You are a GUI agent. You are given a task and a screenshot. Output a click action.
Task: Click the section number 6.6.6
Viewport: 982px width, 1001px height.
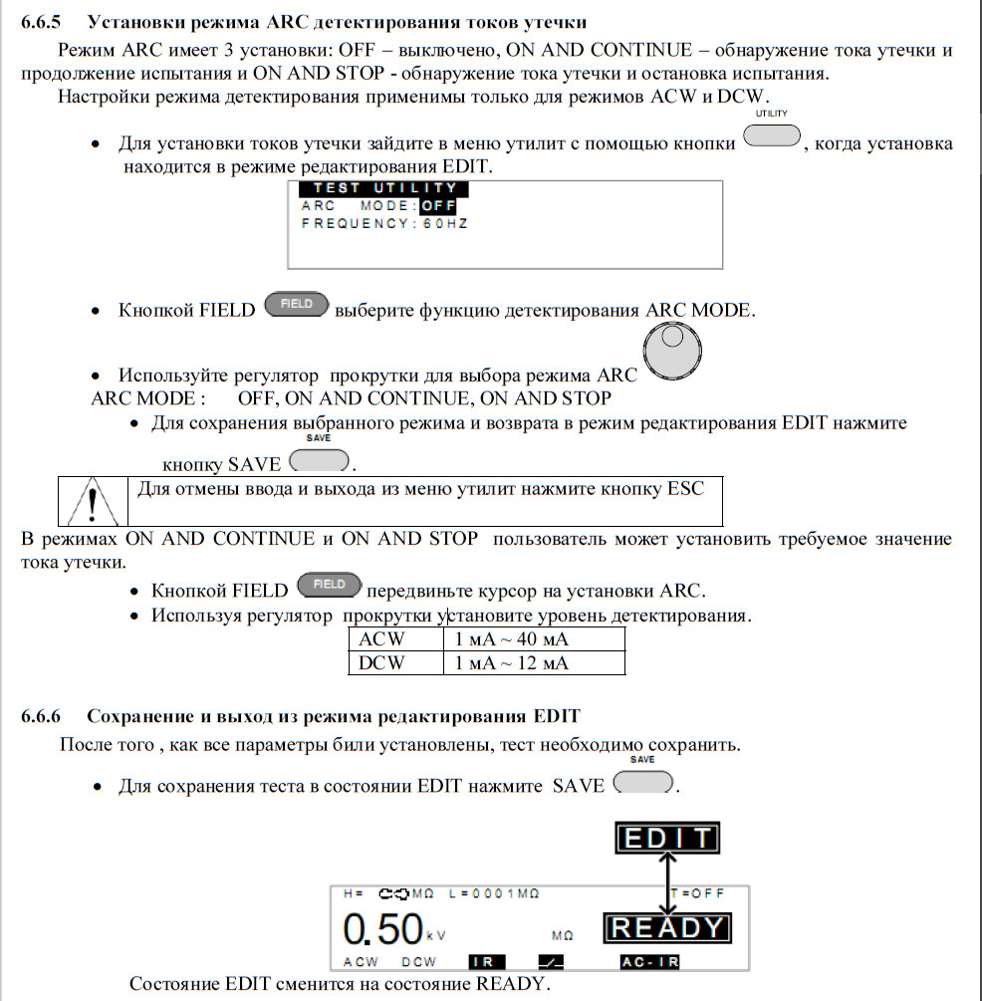(x=42, y=716)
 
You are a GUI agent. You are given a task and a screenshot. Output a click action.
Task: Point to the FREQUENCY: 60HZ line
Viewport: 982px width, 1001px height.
(x=384, y=224)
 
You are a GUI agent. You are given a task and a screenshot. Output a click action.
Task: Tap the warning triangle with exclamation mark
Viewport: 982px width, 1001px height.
(x=91, y=501)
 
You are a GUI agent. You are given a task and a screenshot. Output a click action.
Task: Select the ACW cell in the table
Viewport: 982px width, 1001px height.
(x=382, y=638)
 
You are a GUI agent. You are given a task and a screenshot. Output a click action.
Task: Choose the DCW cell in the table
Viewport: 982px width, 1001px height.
(x=382, y=662)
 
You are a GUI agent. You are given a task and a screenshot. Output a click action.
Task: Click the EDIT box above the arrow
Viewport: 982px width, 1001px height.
(x=666, y=839)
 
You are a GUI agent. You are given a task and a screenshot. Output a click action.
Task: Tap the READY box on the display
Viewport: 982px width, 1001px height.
(x=666, y=928)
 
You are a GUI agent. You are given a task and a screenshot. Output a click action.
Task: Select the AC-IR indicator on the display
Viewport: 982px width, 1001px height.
(x=648, y=962)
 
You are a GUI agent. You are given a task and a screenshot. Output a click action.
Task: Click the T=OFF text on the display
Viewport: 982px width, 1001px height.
(x=699, y=894)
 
